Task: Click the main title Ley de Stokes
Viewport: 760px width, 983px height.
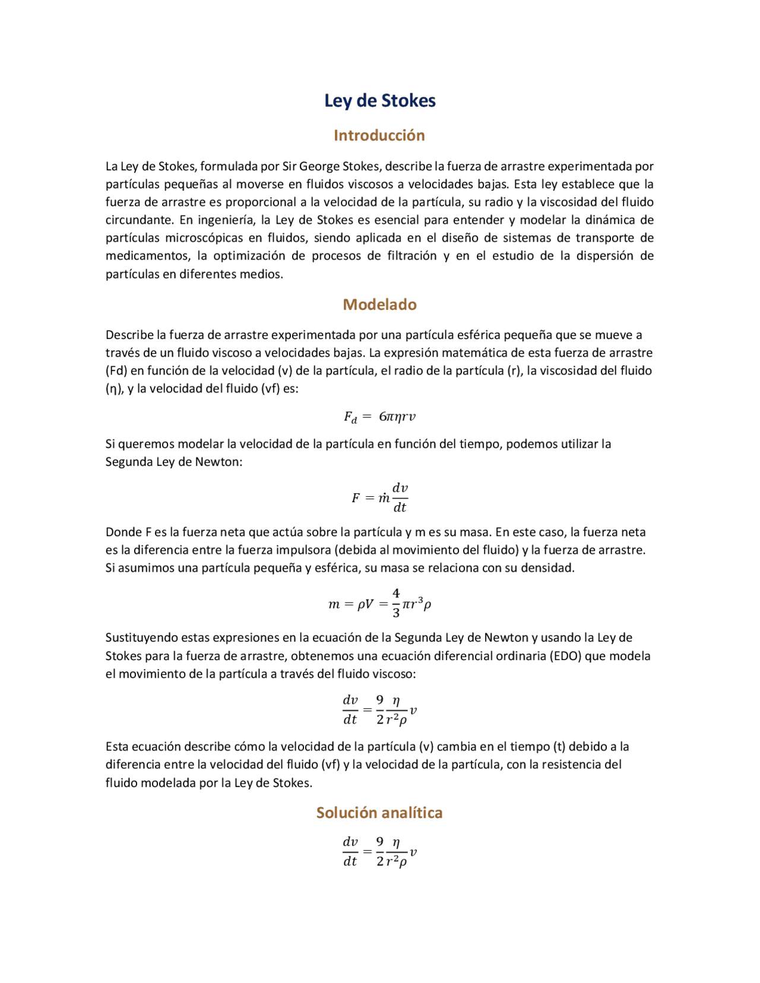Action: tap(379, 100)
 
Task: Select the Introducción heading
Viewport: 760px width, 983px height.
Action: tap(379, 135)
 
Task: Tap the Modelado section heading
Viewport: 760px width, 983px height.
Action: tap(379, 305)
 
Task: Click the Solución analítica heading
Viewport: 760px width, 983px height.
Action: tap(379, 813)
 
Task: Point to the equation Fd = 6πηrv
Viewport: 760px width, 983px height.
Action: tap(379, 417)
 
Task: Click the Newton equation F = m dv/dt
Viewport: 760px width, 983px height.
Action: tap(379, 497)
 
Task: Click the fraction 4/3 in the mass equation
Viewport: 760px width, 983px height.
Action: tap(396, 603)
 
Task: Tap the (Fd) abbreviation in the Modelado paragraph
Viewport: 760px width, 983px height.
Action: tap(116, 371)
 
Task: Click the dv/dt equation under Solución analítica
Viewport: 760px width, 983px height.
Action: tap(379, 851)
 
